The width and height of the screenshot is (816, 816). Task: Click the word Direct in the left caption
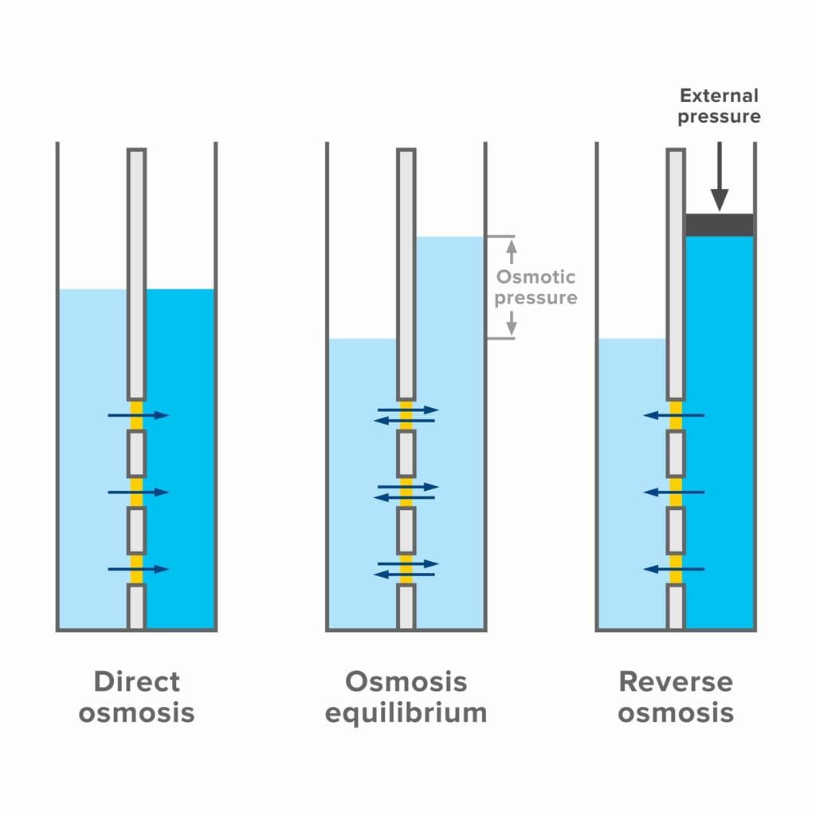[136, 681]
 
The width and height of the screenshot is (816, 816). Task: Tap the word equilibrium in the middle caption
[406, 712]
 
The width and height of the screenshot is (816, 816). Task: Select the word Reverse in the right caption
[675, 681]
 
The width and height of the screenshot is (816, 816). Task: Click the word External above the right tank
[719, 96]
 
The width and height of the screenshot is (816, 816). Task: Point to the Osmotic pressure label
[535, 288]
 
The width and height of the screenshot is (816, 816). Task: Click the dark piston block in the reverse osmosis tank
[720, 225]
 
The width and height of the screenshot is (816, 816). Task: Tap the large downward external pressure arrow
[720, 176]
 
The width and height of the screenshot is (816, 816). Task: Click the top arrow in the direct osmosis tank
[139, 415]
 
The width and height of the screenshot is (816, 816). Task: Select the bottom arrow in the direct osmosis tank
[139, 569]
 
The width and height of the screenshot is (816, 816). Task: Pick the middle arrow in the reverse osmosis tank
[674, 492]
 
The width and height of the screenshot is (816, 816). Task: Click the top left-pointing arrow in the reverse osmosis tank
[674, 415]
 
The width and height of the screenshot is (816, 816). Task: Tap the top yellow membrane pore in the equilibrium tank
[406, 415]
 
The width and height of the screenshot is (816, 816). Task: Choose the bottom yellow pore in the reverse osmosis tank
[676, 569]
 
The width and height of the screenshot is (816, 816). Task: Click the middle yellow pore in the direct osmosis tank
[136, 492]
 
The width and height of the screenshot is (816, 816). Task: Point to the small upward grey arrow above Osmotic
[512, 252]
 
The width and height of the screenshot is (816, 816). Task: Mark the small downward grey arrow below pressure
[512, 322]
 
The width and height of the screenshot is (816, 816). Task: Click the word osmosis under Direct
[136, 712]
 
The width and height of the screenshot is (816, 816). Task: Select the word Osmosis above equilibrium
[406, 681]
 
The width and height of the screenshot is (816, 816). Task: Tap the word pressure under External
[719, 117]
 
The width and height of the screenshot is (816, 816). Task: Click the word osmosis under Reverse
[675, 712]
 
